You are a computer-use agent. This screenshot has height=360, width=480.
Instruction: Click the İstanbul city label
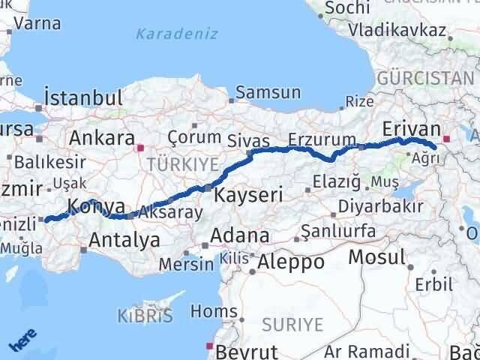(82, 97)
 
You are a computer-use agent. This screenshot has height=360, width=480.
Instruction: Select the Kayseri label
(248, 196)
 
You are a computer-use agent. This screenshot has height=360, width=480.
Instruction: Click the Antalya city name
(124, 241)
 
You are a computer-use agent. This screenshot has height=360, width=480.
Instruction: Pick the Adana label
(240, 235)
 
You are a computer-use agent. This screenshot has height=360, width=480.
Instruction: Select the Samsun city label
(268, 93)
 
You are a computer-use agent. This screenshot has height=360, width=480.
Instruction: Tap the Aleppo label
(291, 262)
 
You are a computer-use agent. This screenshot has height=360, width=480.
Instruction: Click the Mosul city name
(376, 257)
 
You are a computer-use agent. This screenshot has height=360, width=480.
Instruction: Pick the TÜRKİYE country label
(182, 164)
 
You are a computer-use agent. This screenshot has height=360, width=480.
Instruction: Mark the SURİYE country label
(292, 325)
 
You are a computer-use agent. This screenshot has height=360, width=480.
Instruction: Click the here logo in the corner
(22, 340)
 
